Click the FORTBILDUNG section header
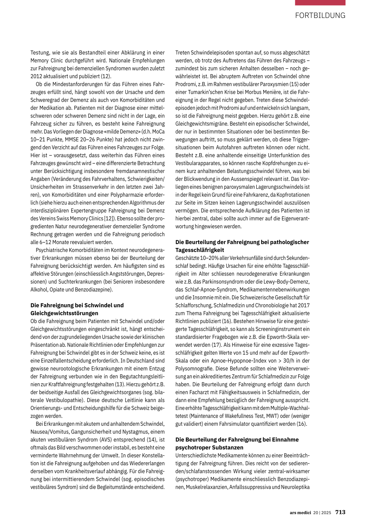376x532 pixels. click(x=320, y=15)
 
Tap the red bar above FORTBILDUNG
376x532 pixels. click(x=320, y=3)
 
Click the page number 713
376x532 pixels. click(x=340, y=512)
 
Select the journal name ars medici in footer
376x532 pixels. click(x=300, y=513)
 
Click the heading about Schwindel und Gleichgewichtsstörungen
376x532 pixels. click(x=77, y=309)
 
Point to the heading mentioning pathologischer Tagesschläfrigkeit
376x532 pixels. click(x=242, y=246)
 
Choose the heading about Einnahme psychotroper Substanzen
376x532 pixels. click(x=237, y=443)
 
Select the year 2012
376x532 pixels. click(x=36, y=76)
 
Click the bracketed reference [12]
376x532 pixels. click(x=108, y=219)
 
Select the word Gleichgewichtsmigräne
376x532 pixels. click(x=200, y=124)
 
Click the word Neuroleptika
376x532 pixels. click(x=295, y=487)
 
